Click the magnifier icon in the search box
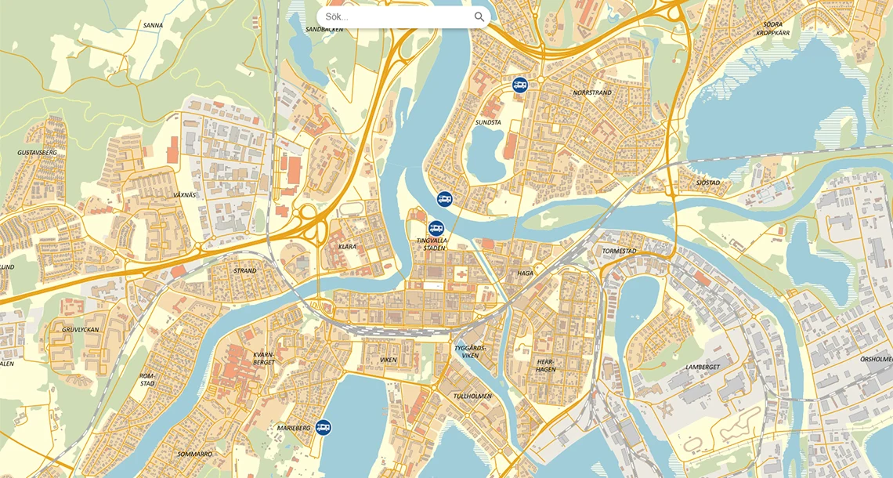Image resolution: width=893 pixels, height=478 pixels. click(479, 16)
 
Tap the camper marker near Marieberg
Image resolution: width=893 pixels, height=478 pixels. click(324, 427)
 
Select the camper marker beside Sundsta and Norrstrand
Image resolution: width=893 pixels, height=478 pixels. click(519, 85)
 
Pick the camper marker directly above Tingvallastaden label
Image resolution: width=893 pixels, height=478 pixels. click(436, 228)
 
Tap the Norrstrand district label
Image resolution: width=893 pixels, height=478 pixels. click(592, 92)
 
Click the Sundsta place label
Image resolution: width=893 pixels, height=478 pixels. click(488, 123)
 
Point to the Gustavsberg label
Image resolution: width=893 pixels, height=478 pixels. click(38, 152)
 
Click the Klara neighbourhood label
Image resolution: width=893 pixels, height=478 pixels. click(347, 247)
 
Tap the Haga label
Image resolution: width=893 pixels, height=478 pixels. click(525, 273)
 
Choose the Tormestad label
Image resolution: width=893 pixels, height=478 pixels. click(619, 252)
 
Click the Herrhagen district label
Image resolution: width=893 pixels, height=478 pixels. click(546, 366)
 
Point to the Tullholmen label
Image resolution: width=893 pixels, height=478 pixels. click(472, 396)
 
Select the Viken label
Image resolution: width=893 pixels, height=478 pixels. click(389, 360)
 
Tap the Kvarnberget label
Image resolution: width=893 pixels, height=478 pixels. click(264, 358)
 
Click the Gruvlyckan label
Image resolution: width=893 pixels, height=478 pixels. click(81, 330)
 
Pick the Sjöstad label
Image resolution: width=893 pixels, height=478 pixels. click(708, 183)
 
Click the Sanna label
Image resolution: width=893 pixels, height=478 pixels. click(154, 25)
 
